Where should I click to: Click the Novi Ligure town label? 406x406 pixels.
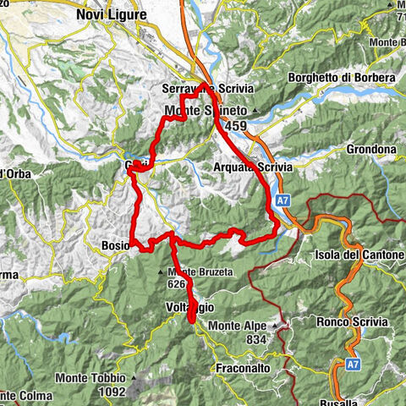tap(110, 14)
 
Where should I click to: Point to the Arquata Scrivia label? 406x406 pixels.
tap(253, 167)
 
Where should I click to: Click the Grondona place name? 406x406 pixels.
tap(370, 150)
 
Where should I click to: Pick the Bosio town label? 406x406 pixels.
tap(114, 245)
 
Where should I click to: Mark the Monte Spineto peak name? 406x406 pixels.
tap(204, 111)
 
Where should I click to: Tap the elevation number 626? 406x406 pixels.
tap(178, 284)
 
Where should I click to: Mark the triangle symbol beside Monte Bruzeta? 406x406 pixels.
tap(161, 272)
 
